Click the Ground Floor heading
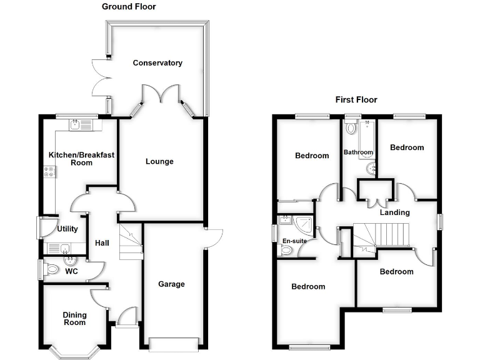(129, 7)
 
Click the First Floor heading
(356, 99)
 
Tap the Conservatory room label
(157, 62)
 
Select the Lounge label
(159, 161)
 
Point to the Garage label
(171, 284)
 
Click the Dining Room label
(75, 318)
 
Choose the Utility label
(67, 229)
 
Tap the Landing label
(395, 212)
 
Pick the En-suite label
(294, 241)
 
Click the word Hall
(102, 242)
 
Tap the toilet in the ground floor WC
(51, 269)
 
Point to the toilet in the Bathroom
(351, 128)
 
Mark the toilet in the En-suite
(286, 250)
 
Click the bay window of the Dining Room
(74, 351)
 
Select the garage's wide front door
(175, 343)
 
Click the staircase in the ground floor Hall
(131, 242)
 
